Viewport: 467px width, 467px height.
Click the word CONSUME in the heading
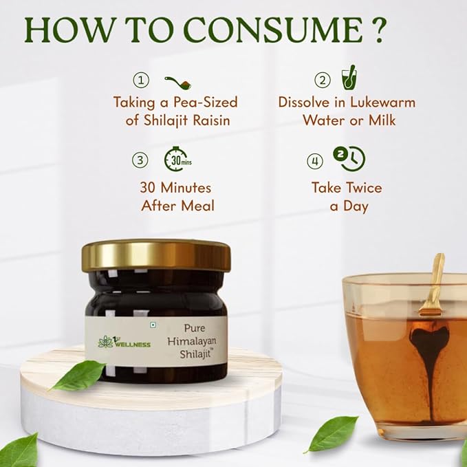pos(273,30)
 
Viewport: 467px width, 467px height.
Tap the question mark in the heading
pos(378,30)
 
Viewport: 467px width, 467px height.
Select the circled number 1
pos(141,80)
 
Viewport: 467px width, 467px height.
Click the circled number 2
pos(323,80)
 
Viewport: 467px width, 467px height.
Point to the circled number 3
pos(140,160)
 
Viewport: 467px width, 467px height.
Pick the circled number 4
pos(315,161)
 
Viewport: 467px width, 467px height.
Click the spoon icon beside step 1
pos(178,83)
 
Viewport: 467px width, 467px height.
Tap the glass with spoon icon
pos(349,78)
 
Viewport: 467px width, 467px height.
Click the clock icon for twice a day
pos(349,159)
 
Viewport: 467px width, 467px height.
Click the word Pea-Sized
pos(205,102)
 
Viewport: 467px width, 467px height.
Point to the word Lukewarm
pos(382,102)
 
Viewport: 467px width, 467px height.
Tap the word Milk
pos(382,120)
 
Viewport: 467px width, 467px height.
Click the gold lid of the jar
pos(156,255)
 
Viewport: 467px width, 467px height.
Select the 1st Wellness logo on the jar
pos(124,342)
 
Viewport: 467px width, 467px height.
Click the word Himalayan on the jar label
pos(192,341)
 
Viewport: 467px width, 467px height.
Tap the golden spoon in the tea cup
pos(432,285)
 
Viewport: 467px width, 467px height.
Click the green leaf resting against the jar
pos(78,375)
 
